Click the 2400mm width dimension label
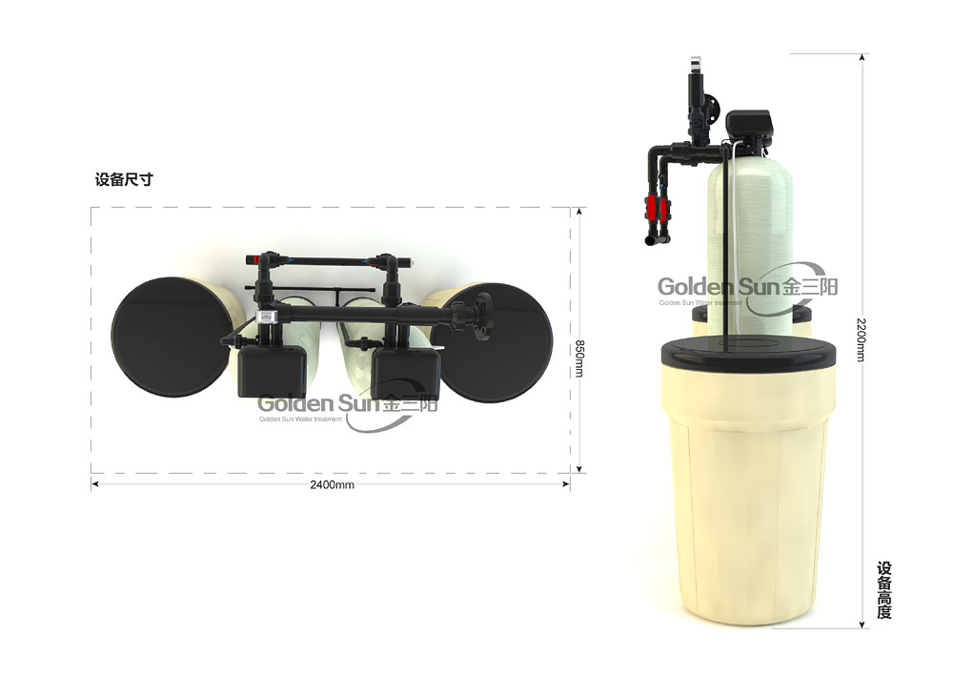click(332, 484)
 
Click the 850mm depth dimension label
click(579, 358)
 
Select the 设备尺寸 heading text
click(124, 179)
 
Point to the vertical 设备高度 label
click(883, 590)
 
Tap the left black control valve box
click(272, 372)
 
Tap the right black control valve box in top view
click(405, 373)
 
